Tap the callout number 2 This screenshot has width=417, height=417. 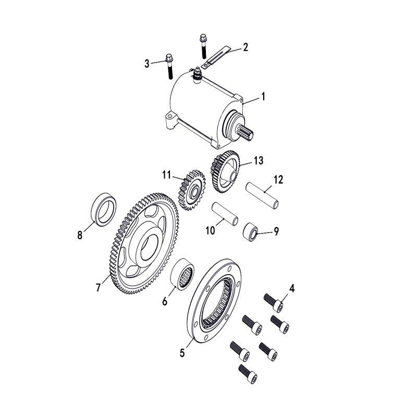click(x=245, y=47)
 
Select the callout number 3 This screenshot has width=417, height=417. click(x=147, y=64)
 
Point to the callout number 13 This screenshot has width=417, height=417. click(x=259, y=161)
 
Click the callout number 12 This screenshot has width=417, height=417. click(x=278, y=180)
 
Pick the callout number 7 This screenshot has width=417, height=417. click(x=98, y=287)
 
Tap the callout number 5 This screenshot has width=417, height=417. click(x=182, y=353)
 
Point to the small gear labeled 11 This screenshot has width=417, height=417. click(x=192, y=190)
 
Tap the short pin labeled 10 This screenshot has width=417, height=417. click(x=225, y=214)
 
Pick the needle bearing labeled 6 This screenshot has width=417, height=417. click(x=183, y=273)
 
